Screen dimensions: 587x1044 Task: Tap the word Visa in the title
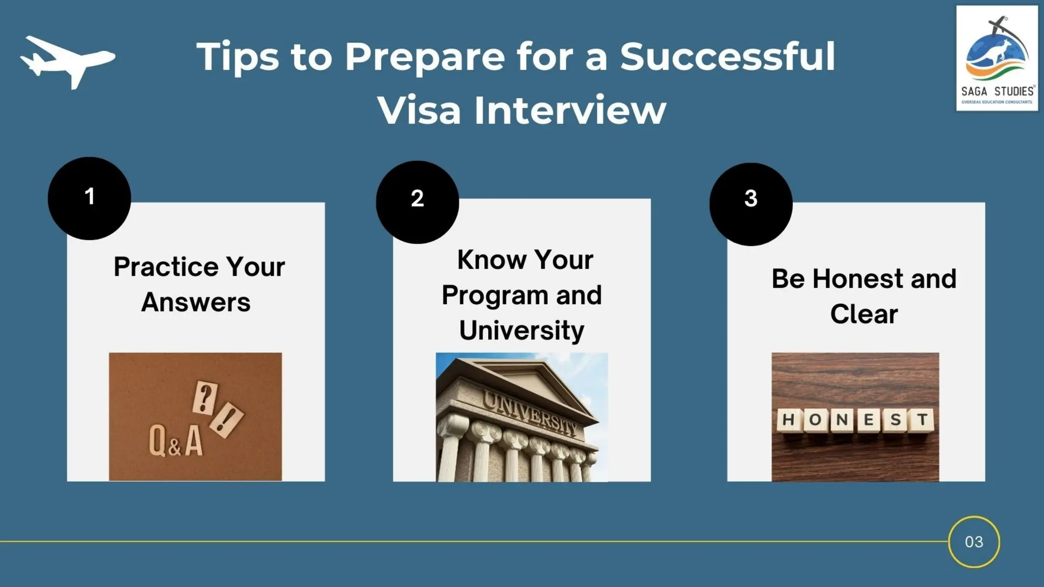click(419, 110)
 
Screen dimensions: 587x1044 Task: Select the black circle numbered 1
click(89, 198)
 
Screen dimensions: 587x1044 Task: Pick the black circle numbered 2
click(417, 202)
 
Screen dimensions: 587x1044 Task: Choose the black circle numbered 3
click(750, 204)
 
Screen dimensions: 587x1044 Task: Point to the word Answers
click(196, 302)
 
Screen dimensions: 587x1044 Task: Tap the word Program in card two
click(494, 296)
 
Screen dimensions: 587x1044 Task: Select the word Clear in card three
click(864, 314)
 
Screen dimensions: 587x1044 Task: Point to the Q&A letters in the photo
click(176, 441)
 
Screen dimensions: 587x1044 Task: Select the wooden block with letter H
click(788, 420)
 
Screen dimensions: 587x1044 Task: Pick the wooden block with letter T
click(922, 420)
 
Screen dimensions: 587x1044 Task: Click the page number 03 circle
click(974, 542)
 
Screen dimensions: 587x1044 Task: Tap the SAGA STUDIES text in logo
click(997, 92)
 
